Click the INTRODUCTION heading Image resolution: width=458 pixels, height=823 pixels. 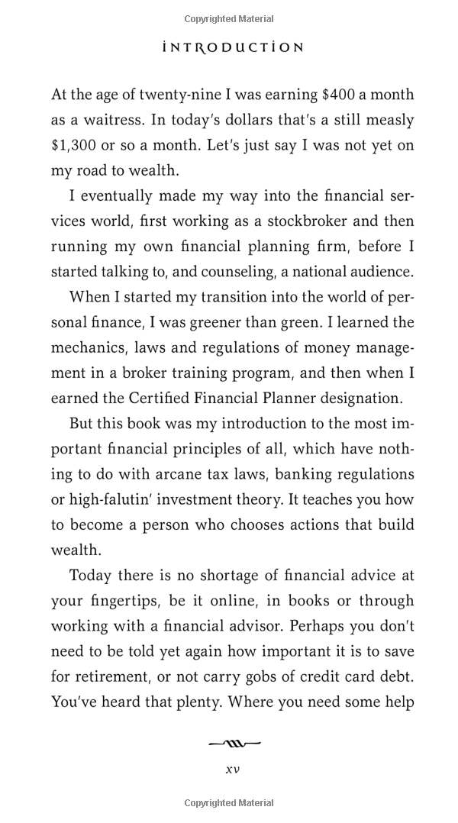234,47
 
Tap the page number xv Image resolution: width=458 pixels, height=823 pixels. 232,769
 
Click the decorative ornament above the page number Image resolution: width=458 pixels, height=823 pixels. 233,742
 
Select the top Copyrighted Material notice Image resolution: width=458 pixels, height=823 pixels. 229,19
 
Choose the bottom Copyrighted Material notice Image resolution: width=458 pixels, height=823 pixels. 229,803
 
